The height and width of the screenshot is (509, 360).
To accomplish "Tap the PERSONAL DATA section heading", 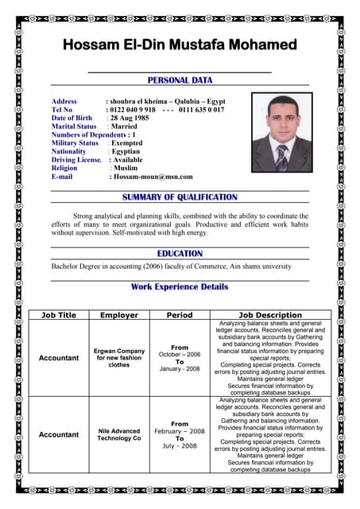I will point(180,80).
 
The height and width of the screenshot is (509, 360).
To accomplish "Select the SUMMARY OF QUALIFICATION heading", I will point(180,197).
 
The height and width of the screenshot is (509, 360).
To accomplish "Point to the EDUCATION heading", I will point(180,254).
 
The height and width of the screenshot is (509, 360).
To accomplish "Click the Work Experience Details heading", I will point(180,287).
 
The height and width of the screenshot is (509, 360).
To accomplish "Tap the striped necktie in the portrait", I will point(281,157).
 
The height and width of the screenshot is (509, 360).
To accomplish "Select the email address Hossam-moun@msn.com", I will point(151,177).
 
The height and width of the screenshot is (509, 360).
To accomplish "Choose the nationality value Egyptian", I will point(126,151).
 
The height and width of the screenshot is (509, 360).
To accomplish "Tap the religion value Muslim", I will point(126,168).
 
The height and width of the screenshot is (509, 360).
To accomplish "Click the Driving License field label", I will point(76,160).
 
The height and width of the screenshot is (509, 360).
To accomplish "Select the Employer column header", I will point(119,316).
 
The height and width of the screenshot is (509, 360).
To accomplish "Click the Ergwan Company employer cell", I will point(119,358).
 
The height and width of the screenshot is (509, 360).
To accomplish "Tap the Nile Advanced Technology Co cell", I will point(119,434).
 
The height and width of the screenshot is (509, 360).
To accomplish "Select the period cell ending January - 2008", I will point(180,358).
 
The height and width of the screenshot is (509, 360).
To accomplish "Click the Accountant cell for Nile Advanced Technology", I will point(59,434).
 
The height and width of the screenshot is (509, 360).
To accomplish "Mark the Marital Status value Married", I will point(124,126).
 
